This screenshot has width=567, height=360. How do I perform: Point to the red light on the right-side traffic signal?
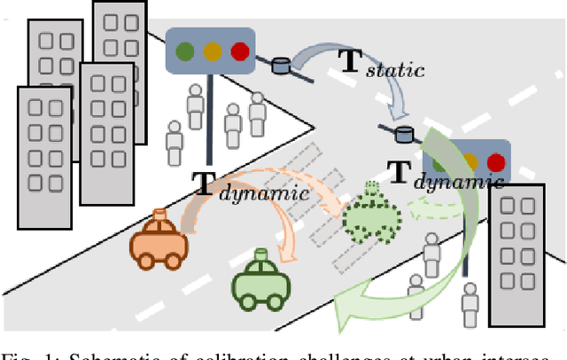pyautogui.click(x=496, y=162)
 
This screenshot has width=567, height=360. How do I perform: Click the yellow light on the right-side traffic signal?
pyautogui.click(x=470, y=162)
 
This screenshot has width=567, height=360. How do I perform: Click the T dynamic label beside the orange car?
pyautogui.click(x=251, y=187)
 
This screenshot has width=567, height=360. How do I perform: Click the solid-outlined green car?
pyautogui.click(x=261, y=281)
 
